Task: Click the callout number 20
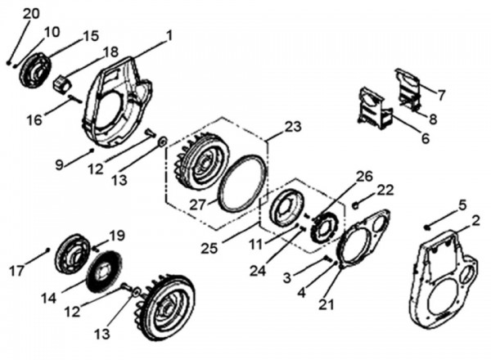point(31,14)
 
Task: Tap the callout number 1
point(169,35)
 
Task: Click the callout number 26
point(364,175)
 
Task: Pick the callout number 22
point(385,191)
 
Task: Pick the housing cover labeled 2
point(441,278)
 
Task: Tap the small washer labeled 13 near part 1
point(162,142)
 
